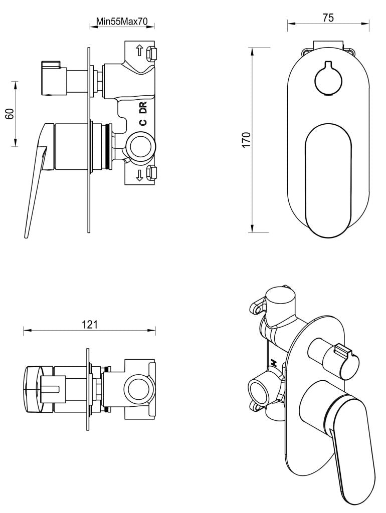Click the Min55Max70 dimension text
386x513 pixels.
pyautogui.click(x=121, y=22)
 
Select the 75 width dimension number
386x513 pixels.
pyautogui.click(x=328, y=18)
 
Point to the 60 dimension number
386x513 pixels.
pyautogui.click(x=9, y=114)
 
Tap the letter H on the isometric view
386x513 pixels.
pyautogui.click(x=274, y=363)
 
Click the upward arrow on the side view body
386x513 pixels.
pyautogui.click(x=139, y=51)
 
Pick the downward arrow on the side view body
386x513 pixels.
pyautogui.click(x=139, y=175)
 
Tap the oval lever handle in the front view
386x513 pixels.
pyautogui.click(x=328, y=180)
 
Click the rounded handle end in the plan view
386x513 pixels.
pyautogui.click(x=34, y=389)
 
